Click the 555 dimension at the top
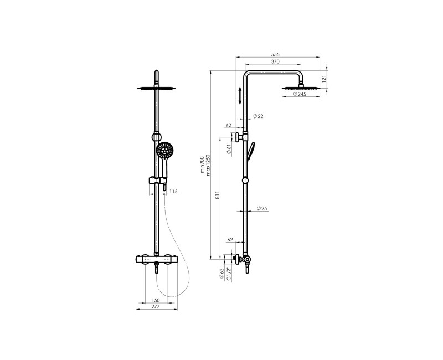tap(275, 55)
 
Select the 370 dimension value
tap(275, 61)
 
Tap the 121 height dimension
tap(324, 79)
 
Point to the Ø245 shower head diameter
tap(300, 94)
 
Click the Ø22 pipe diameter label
tap(258, 116)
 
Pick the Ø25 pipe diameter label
tap(262, 209)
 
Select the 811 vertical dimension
tap(217, 196)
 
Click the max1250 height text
tap(208, 164)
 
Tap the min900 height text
tap(202, 164)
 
